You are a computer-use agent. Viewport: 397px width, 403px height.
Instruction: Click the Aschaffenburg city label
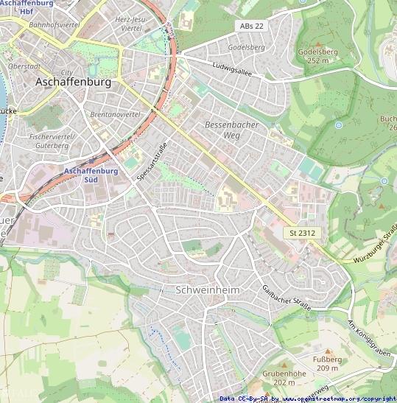click(73, 83)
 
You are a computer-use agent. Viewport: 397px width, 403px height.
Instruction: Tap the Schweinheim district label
click(208, 290)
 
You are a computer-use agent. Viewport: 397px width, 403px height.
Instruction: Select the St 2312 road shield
click(303, 233)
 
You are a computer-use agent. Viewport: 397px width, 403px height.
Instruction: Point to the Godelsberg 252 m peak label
click(317, 56)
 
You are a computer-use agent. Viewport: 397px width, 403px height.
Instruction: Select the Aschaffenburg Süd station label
click(91, 175)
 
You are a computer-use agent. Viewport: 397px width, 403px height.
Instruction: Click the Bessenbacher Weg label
click(232, 130)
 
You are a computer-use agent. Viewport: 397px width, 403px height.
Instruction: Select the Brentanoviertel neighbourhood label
click(115, 116)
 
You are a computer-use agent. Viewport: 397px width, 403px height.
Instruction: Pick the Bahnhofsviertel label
click(54, 24)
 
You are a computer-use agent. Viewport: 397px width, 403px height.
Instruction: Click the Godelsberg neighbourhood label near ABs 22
click(246, 47)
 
